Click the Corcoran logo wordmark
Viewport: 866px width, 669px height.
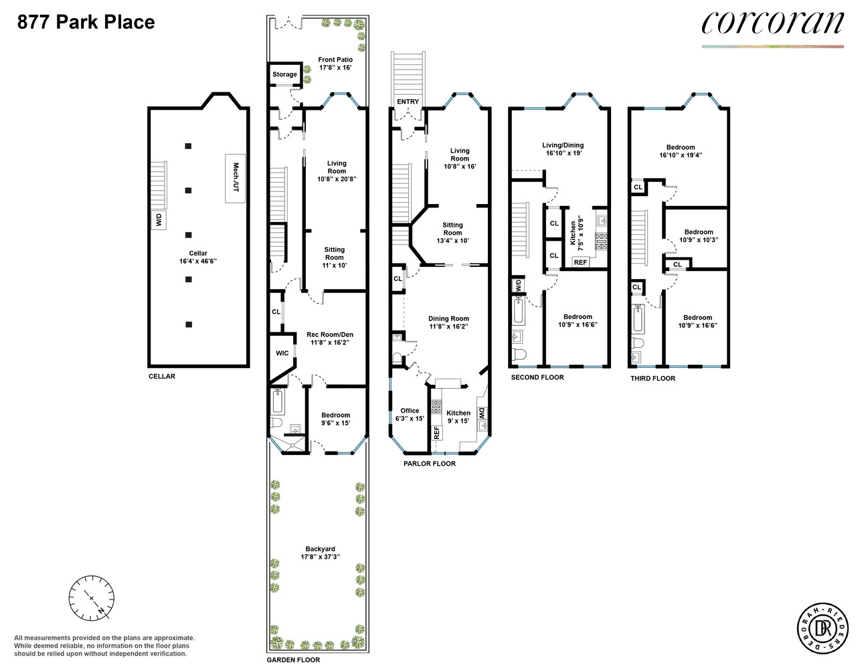[x=772, y=23]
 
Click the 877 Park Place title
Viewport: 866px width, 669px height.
[x=86, y=22]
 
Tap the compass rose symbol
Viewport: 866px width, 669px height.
[x=91, y=597]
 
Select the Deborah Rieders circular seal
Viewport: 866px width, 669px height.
[x=822, y=628]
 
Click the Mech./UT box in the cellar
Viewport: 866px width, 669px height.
[x=235, y=178]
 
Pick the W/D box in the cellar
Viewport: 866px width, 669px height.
[x=159, y=220]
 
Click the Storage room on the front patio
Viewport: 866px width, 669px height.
[x=284, y=74]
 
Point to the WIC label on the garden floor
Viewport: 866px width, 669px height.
[x=282, y=353]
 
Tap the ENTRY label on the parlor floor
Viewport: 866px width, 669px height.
[x=408, y=102]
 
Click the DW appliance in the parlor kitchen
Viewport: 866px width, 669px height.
[x=482, y=413]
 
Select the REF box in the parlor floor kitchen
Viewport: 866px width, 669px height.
[x=436, y=433]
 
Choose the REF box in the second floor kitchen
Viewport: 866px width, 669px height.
[x=581, y=262]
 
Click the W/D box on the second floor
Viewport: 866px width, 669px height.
[x=518, y=285]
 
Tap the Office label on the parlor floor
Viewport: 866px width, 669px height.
[x=410, y=411]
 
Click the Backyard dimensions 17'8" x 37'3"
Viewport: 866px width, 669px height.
[x=320, y=557]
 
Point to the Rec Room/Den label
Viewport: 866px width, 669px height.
[x=329, y=334]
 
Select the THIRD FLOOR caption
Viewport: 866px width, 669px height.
[x=653, y=378]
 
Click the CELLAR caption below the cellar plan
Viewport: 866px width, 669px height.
[x=162, y=376]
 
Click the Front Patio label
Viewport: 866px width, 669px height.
[x=335, y=60]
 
